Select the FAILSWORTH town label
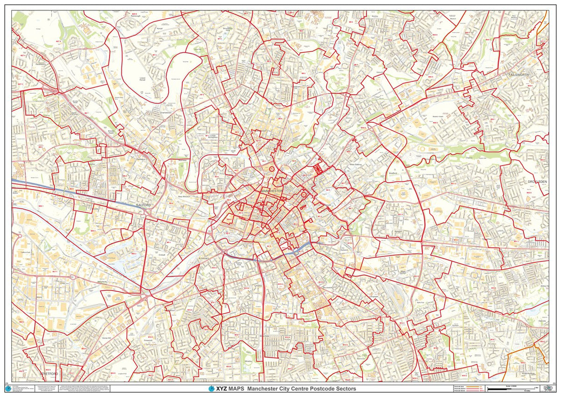pos(522,74)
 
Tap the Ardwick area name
pos(346,250)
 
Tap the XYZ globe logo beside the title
pos(211,389)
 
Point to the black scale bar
pos(514,389)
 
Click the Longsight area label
pos(374,296)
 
